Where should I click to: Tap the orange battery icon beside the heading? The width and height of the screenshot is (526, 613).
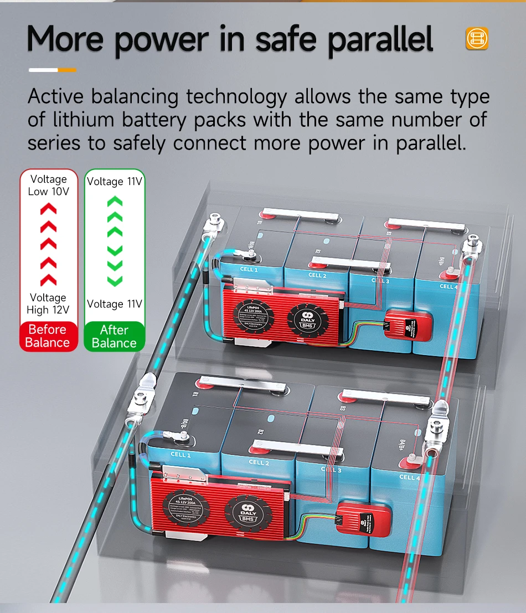click(x=477, y=38)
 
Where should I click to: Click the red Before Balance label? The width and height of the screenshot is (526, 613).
click(x=48, y=336)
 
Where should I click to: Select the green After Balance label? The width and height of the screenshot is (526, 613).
click(x=114, y=337)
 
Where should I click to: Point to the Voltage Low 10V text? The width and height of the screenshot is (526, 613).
click(x=48, y=185)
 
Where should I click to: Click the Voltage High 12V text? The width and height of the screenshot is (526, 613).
click(x=48, y=303)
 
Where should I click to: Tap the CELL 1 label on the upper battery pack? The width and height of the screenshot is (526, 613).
click(x=249, y=270)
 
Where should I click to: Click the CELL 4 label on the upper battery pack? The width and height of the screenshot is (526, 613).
click(x=448, y=286)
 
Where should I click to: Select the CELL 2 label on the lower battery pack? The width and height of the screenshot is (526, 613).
click(x=259, y=462)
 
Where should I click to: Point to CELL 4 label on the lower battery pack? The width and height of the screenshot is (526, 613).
click(x=410, y=477)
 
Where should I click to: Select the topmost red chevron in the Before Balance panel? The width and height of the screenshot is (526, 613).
click(x=48, y=209)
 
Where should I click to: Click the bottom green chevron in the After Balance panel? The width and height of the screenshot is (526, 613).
click(x=115, y=280)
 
